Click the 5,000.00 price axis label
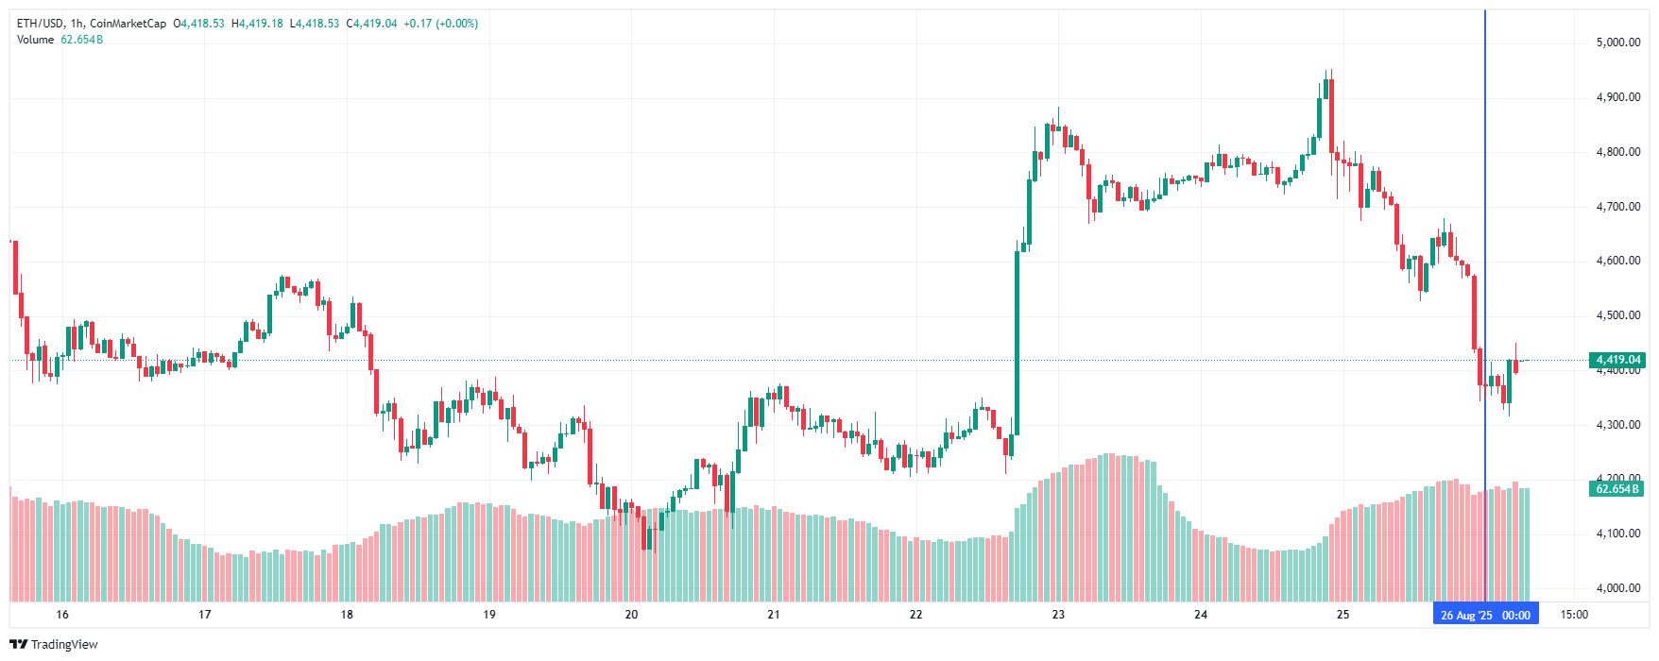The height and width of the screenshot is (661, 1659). coord(1617,42)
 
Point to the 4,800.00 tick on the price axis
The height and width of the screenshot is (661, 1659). coord(1617,152)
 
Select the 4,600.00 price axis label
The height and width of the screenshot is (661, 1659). coord(1617,261)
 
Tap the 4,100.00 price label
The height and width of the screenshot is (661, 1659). coord(1617,534)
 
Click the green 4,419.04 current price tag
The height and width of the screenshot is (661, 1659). coord(1617,360)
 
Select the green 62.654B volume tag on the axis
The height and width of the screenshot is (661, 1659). coord(1617,489)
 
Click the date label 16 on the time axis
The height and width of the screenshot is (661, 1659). coord(62,615)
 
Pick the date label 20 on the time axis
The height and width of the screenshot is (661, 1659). coord(631,615)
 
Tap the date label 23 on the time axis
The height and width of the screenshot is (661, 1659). coord(1058,615)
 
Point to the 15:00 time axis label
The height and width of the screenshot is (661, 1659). coord(1574,615)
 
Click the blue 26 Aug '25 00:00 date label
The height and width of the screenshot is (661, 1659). coord(1485,616)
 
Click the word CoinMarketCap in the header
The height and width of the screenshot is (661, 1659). coord(128,24)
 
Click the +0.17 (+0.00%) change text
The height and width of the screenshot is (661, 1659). coord(440,24)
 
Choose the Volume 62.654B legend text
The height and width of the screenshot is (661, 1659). coord(60,40)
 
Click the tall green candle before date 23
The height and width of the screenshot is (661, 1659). coord(1018,340)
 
